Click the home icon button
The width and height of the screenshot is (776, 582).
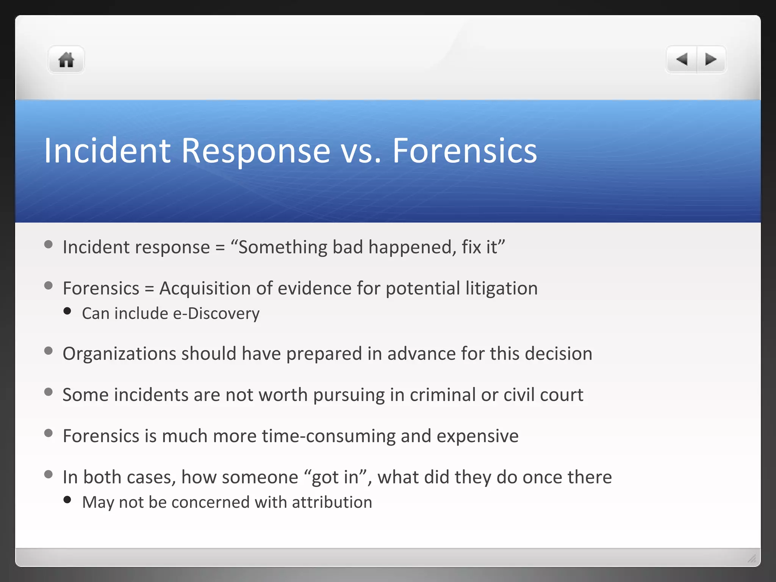66,60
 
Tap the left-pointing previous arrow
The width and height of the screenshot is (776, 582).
682,59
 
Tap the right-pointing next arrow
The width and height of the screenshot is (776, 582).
711,59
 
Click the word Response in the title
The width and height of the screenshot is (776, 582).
256,151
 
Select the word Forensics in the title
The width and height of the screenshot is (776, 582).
464,151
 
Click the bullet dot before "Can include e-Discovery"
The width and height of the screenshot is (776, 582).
67,311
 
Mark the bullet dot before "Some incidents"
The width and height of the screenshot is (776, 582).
48,392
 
